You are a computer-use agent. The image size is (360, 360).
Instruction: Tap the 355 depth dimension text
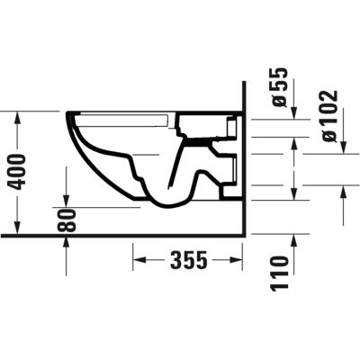click(189, 260)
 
